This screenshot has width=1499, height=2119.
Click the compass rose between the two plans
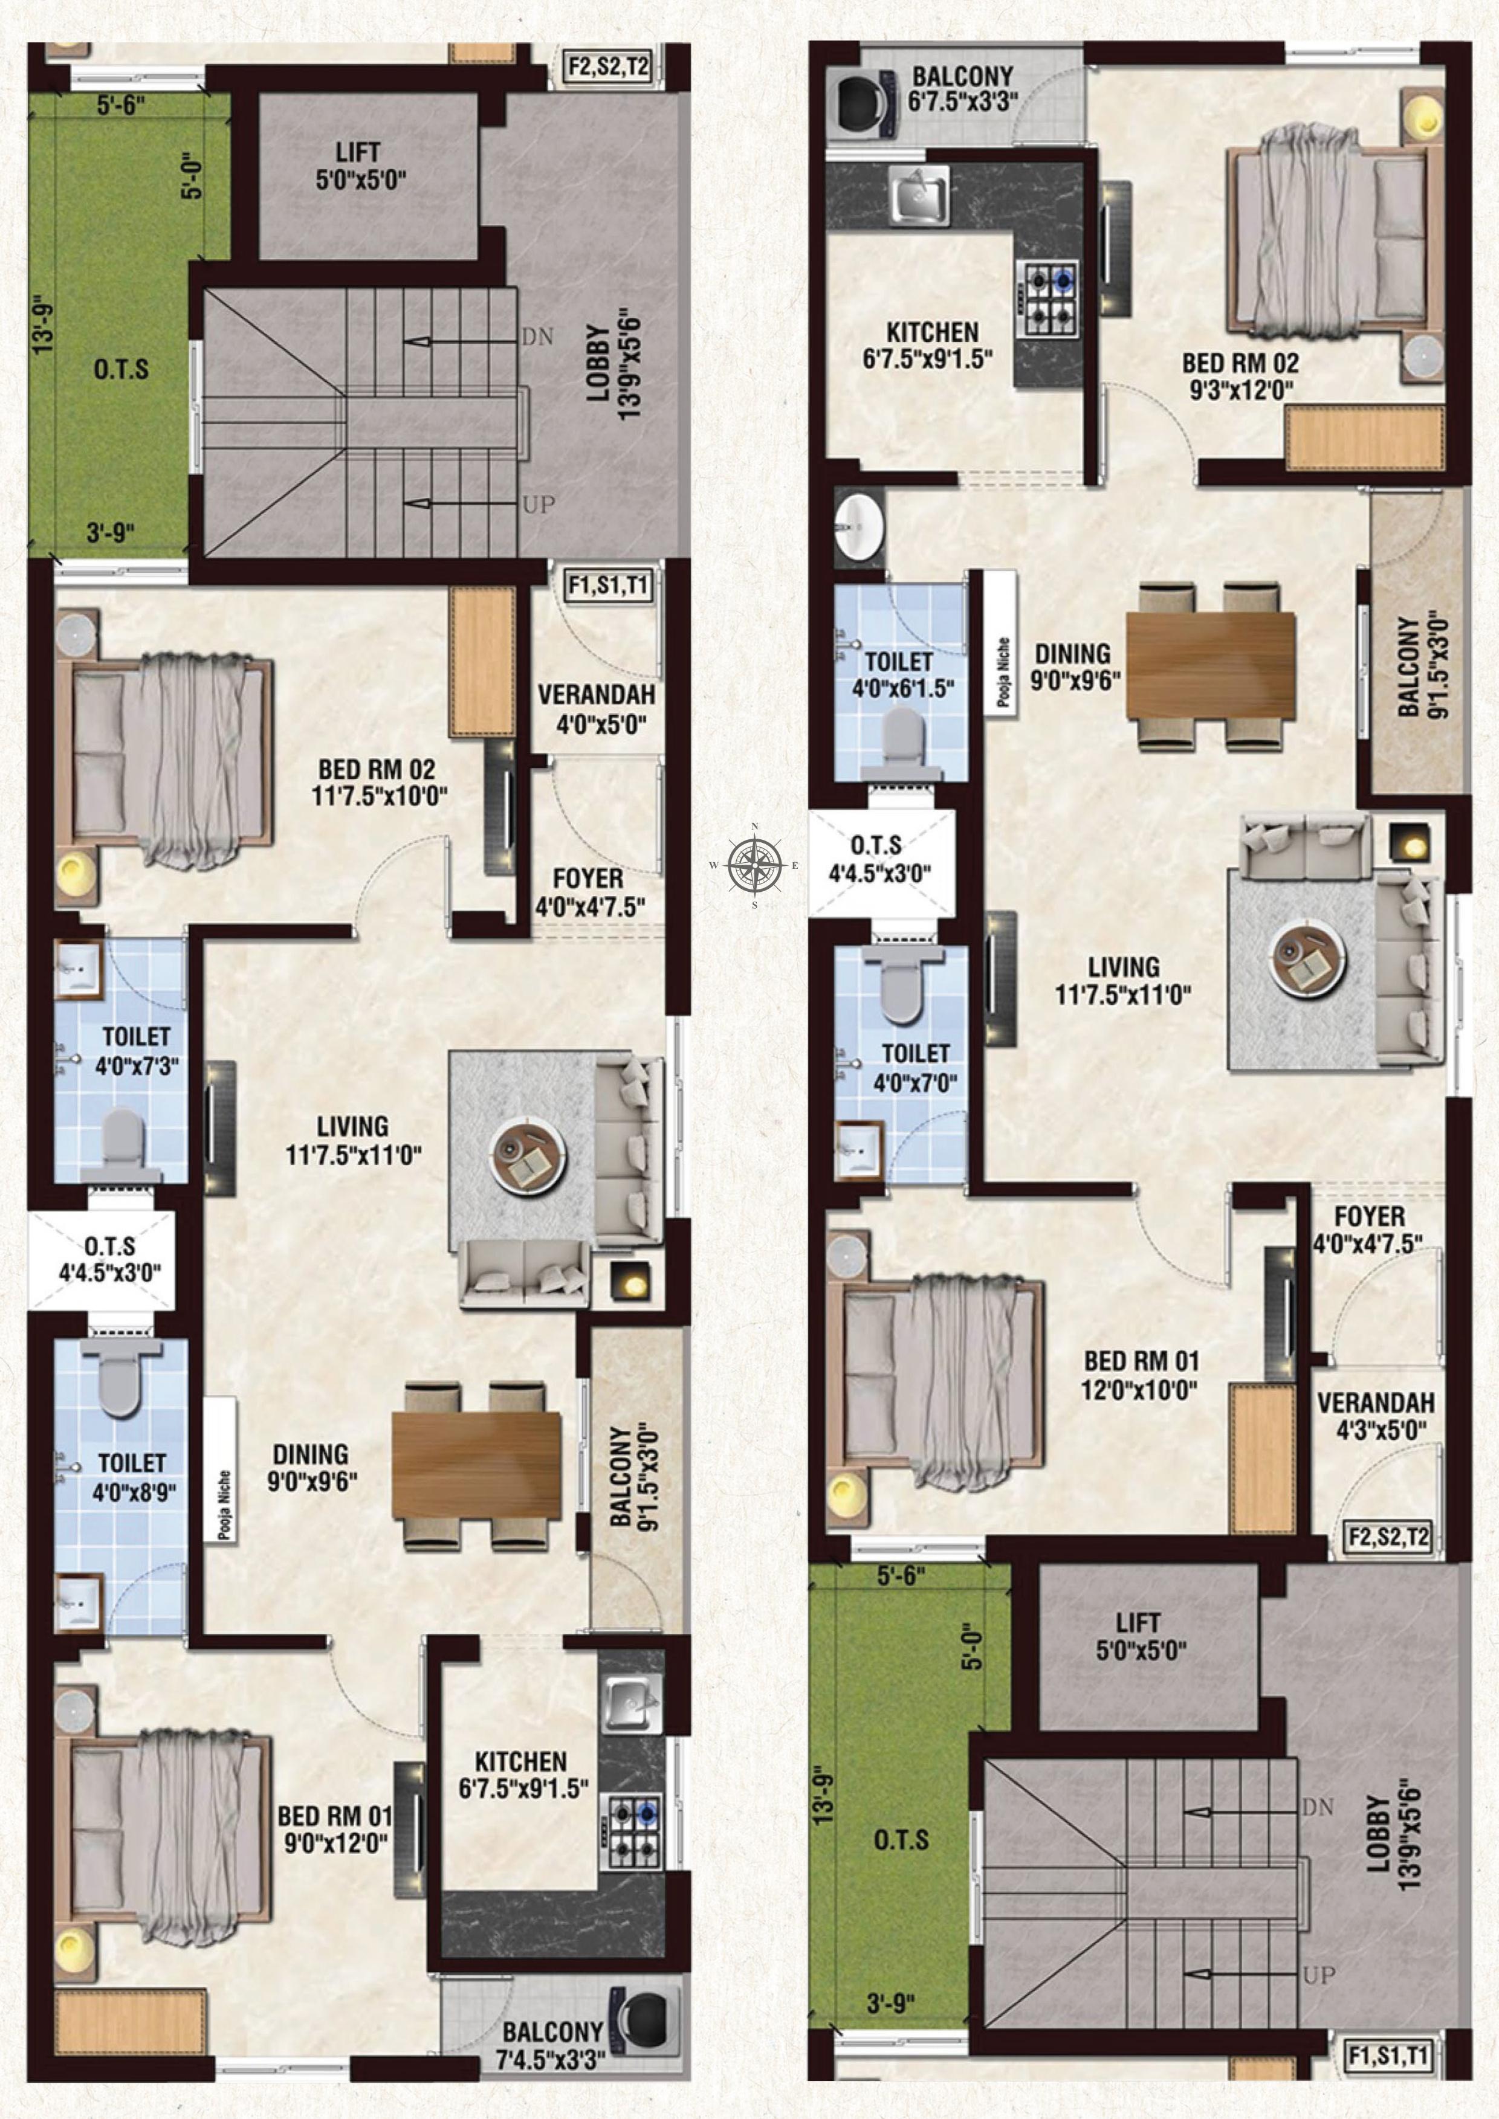coord(755,865)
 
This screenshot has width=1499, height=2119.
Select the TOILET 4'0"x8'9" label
coord(132,1477)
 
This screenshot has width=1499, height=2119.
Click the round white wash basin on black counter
coord(860,526)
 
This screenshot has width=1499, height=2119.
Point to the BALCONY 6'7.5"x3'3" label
coord(963,89)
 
